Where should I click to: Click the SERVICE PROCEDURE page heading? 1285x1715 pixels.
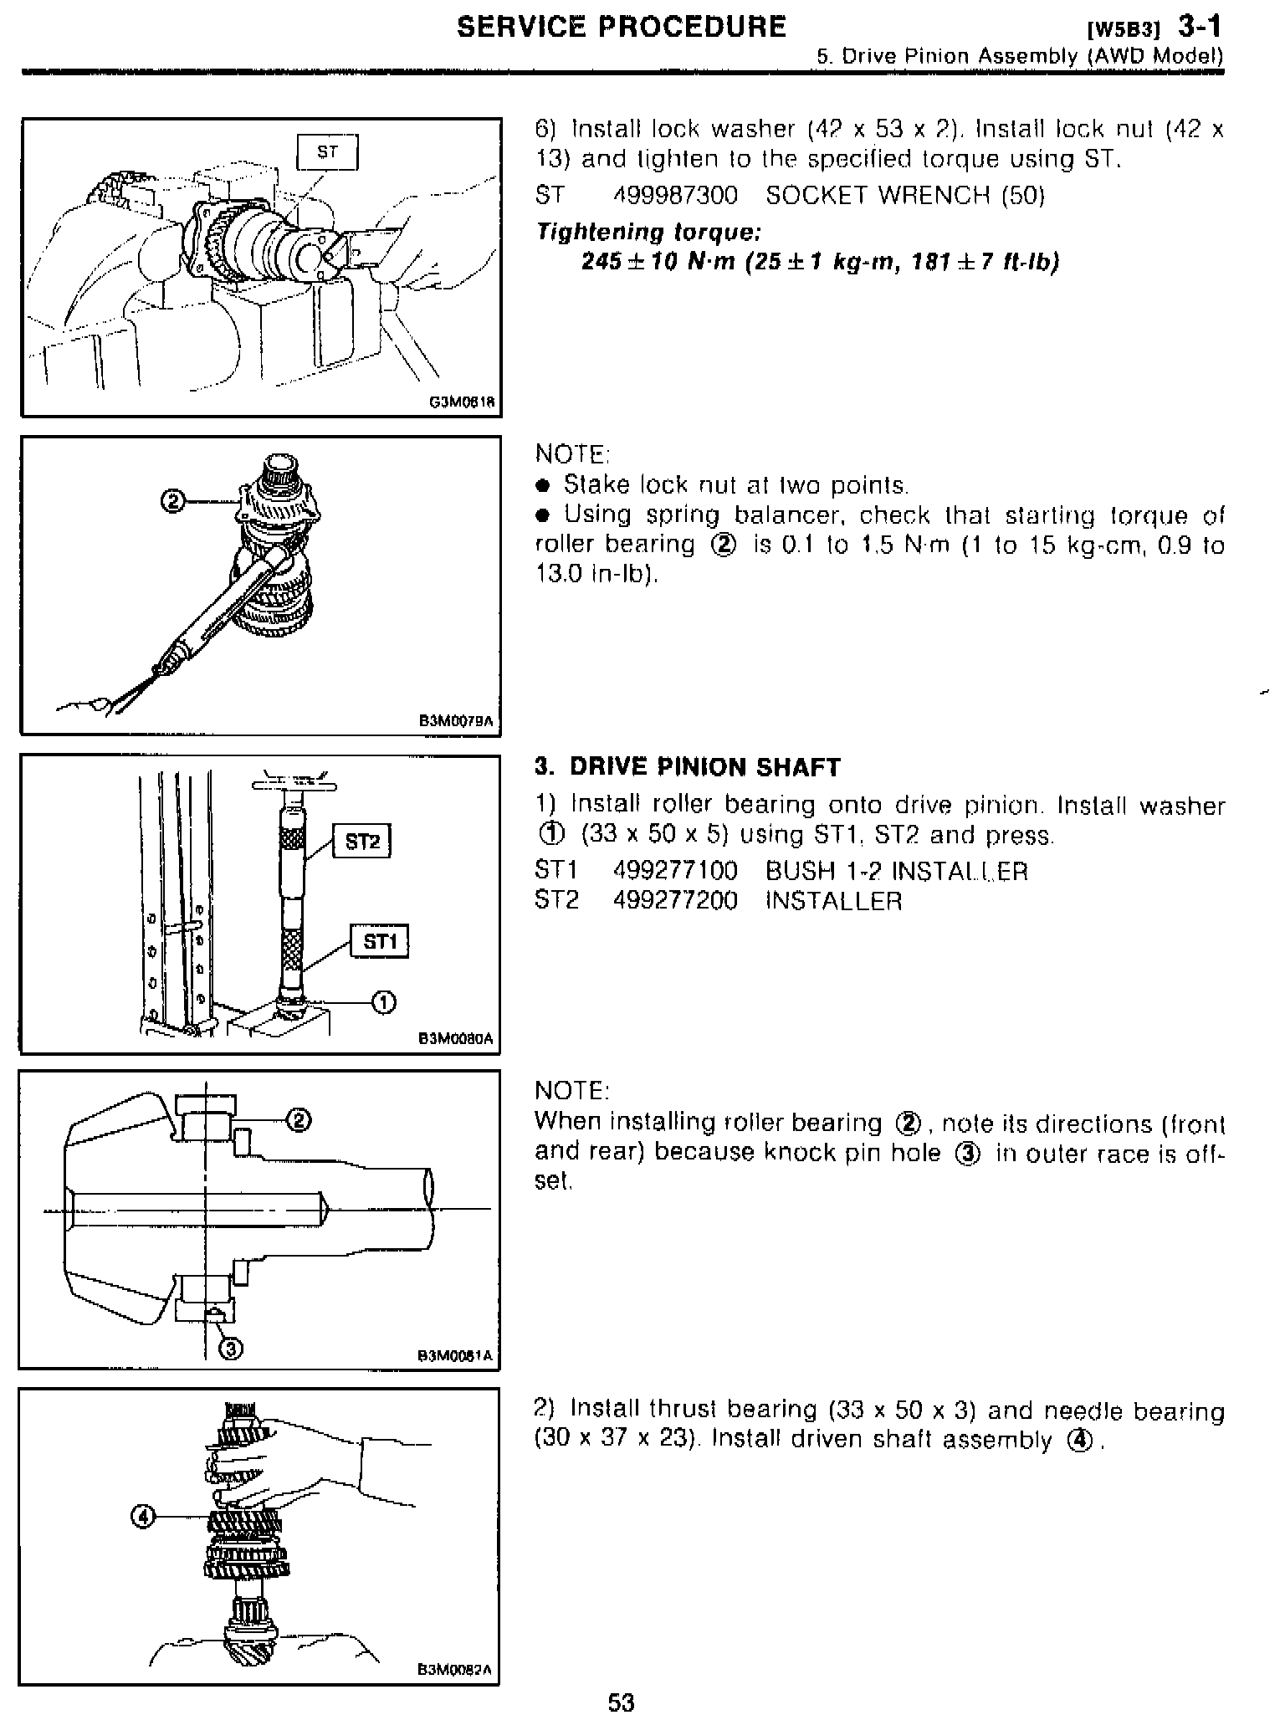coord(621,27)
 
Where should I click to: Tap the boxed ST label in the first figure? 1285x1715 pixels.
coord(327,152)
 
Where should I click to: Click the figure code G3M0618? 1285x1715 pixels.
coord(462,402)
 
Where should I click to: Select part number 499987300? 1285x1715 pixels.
coord(675,196)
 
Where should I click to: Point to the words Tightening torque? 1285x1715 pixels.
coord(648,232)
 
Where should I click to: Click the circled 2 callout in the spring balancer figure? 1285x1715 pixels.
coord(172,502)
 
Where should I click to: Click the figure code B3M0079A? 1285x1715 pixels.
coord(457,720)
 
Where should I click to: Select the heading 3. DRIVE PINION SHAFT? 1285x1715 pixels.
coord(688,767)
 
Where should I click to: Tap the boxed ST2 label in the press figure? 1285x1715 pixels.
coord(362,842)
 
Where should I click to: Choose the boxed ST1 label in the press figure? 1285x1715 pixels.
coord(379,942)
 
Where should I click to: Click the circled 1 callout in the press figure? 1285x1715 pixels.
coord(383,1001)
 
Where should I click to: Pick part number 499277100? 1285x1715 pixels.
coord(675,871)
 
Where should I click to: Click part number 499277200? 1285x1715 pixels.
coord(675,901)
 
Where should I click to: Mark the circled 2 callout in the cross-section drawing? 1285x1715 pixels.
coord(299,1119)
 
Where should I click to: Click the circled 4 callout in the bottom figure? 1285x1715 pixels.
coord(143,1517)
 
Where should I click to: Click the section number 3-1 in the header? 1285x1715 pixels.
coord(1200,27)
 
